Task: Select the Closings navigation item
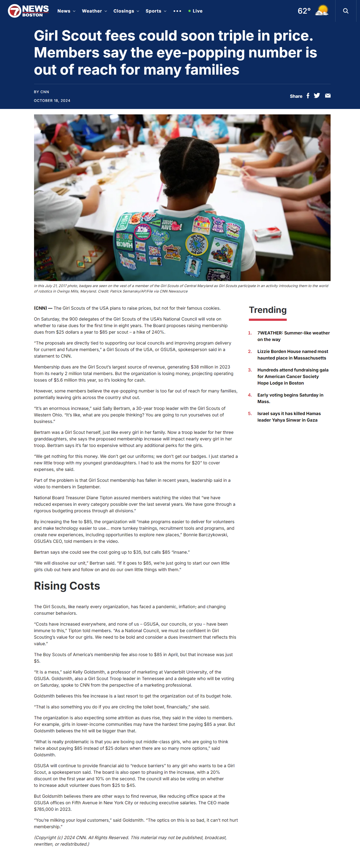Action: [x=126, y=11]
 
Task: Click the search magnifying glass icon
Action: [x=345, y=11]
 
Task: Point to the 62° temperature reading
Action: [x=304, y=11]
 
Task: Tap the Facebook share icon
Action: [x=308, y=96]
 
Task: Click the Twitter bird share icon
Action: [x=317, y=96]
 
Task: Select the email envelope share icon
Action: [x=328, y=96]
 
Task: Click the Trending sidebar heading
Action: [x=268, y=310]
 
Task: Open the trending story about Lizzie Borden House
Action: [x=292, y=355]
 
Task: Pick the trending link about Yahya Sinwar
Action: [x=289, y=417]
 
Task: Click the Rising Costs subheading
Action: [x=67, y=586]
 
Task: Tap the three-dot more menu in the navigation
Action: [x=177, y=11]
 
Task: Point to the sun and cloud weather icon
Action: [x=322, y=10]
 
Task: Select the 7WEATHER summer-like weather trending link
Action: [x=294, y=336]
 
